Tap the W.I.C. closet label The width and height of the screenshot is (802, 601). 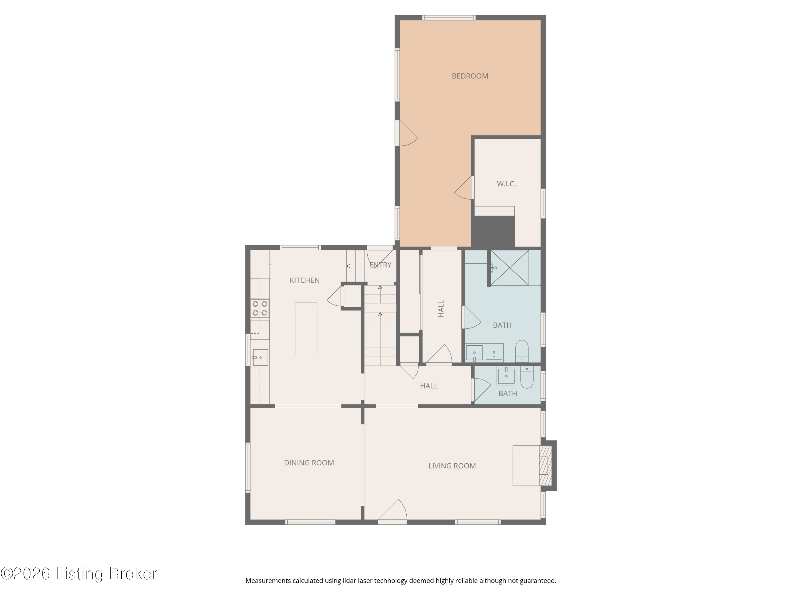506,184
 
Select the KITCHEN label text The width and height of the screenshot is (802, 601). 304,280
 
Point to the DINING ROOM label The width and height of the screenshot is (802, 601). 309,463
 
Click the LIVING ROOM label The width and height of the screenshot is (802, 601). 452,466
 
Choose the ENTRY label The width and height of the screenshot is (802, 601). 380,265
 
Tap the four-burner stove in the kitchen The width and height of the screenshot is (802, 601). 260,308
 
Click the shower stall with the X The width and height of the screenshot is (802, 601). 510,267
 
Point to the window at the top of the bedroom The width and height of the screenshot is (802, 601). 449,18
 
